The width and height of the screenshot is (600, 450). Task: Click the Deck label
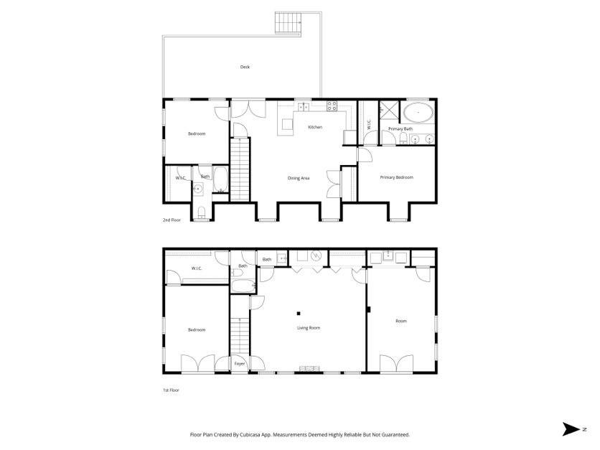coord(245,67)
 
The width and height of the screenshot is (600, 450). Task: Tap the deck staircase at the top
coord(287,23)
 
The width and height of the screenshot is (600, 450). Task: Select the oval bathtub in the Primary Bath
coord(416,113)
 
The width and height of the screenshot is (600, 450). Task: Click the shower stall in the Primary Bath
coord(388,111)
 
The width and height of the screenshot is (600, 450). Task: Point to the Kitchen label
coord(315,127)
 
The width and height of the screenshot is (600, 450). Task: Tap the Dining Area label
coord(299,178)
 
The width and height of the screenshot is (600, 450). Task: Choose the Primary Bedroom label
coord(396,177)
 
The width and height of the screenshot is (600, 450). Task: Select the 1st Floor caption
coord(170,390)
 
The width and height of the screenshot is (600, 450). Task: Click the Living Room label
coord(309,327)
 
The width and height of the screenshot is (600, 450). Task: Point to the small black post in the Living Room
coord(299,313)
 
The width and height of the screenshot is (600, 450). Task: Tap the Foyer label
coord(240,364)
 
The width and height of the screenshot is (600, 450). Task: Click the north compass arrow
coord(572,429)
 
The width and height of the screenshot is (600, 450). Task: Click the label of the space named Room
coord(400,321)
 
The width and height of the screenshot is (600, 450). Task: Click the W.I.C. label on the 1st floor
coord(197,268)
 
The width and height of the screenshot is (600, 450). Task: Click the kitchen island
coord(287,126)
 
